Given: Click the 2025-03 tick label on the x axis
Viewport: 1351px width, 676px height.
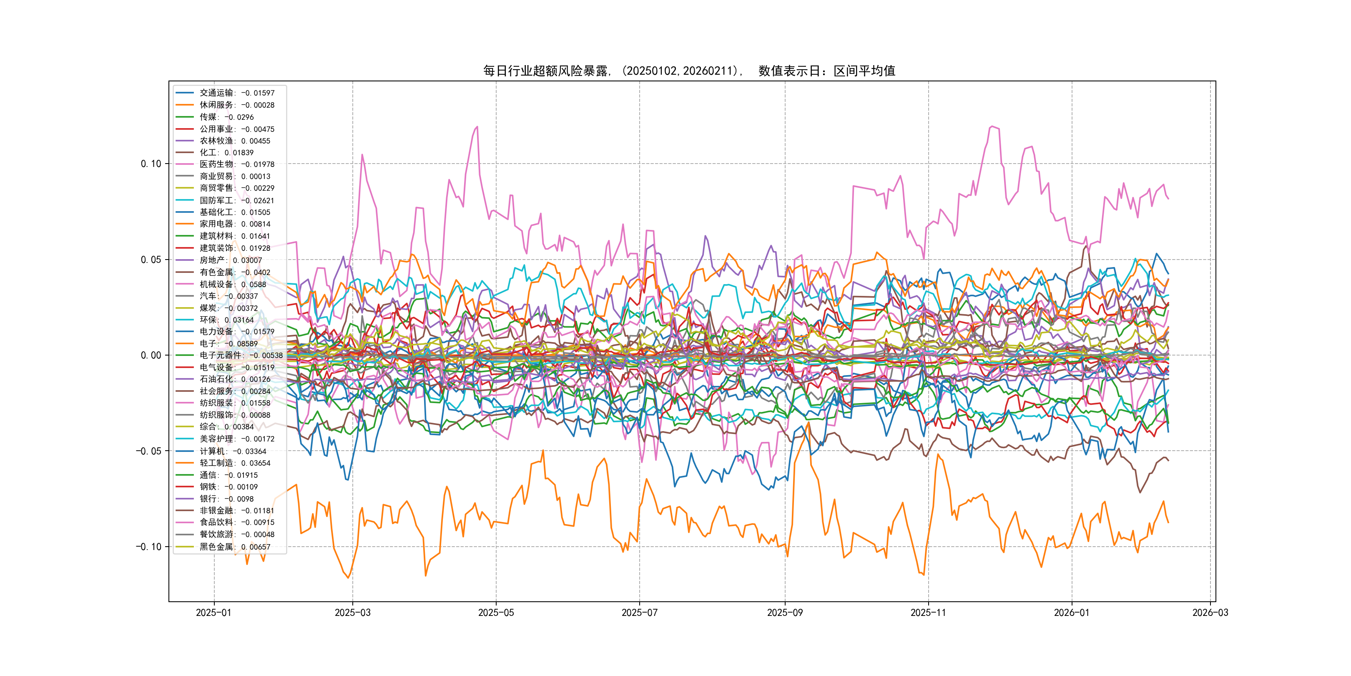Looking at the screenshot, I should [352, 613].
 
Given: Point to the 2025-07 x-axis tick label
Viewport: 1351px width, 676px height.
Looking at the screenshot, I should [639, 613].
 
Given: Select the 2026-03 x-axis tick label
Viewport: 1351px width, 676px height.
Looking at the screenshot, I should [1210, 613].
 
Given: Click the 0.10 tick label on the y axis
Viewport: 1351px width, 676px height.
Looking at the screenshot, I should [151, 164].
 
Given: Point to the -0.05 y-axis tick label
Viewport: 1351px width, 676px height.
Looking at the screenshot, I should [149, 451].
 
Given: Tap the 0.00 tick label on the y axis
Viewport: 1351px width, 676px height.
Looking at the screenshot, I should [151, 356].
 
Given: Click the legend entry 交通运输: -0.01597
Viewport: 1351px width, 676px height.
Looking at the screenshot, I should [236, 93].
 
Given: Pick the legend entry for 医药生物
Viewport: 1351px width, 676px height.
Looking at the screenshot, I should [236, 164].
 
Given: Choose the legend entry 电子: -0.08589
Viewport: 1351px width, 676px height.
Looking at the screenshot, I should [228, 344].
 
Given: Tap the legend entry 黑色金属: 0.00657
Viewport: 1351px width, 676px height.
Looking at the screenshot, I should [234, 547].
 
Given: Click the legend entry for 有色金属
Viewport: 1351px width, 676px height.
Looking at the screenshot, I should [234, 272].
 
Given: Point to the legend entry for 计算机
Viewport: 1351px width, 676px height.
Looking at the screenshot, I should [232, 452].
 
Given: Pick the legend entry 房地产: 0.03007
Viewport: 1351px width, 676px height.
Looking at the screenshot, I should [230, 260].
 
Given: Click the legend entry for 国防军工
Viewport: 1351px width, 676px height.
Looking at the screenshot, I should [236, 200].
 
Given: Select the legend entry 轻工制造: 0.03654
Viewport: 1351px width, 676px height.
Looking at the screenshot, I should [234, 463].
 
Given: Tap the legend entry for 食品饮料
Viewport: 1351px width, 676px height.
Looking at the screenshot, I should [236, 522].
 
